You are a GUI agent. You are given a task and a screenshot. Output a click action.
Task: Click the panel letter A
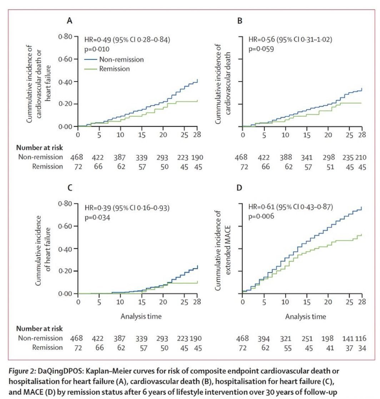(69, 20)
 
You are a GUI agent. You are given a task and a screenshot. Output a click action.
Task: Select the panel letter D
(239, 188)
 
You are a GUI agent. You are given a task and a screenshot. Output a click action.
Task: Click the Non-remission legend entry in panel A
(114, 60)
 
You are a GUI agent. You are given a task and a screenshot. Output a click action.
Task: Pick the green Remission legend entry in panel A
(107, 69)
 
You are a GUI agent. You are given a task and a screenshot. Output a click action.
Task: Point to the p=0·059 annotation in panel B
(261, 49)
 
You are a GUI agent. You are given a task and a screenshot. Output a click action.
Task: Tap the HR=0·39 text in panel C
(98, 208)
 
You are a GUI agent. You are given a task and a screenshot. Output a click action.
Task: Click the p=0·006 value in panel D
(261, 216)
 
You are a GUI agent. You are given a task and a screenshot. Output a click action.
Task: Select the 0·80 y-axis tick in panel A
(65, 36)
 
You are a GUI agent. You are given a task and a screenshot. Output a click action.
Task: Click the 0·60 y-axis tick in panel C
(65, 226)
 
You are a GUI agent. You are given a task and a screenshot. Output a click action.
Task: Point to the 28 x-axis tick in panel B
(362, 135)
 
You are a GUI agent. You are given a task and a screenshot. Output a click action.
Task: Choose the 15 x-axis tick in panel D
(307, 302)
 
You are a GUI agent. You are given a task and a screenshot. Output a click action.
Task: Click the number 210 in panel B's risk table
(361, 158)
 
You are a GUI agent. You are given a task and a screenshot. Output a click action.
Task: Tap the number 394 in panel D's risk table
(264, 339)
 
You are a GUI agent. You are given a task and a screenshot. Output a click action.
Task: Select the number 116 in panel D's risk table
(361, 339)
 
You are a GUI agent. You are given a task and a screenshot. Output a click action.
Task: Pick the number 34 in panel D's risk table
(362, 348)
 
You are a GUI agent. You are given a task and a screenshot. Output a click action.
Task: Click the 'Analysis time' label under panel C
(141, 316)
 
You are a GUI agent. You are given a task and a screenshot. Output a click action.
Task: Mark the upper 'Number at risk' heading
(39, 148)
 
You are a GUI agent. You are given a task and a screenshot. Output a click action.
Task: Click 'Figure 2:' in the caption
(22, 371)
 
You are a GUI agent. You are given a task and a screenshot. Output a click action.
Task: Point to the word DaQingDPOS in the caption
(60, 371)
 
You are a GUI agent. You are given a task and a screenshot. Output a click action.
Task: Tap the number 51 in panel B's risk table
(330, 167)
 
